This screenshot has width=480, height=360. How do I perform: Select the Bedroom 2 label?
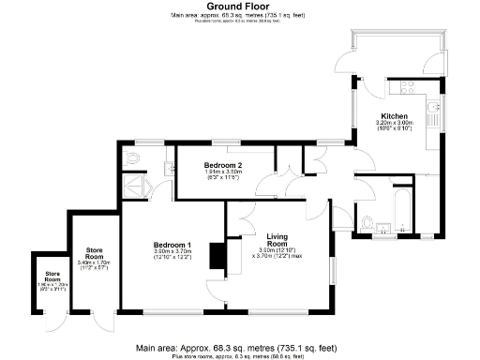coord(223,165)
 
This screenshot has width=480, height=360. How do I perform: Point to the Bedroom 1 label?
coord(172,246)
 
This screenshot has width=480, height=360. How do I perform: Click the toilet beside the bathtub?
coord(368,222)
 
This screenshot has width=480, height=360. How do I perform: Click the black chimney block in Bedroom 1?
coord(217,255)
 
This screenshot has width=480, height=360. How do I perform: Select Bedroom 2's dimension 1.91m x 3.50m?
coord(223,172)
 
